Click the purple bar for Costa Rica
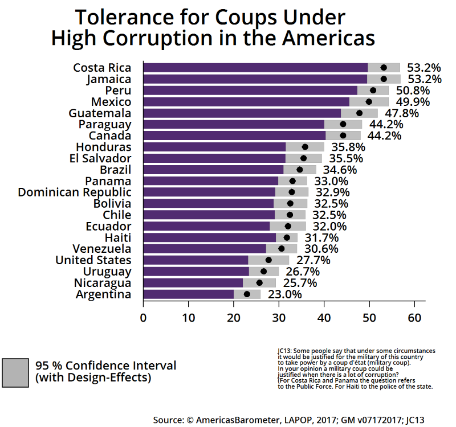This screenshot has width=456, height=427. coord(255,68)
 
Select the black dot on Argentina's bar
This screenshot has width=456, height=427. coord(247,294)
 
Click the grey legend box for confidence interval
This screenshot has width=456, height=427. coord(15,372)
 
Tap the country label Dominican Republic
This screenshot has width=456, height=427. coord(75,192)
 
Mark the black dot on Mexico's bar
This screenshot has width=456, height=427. coord(369,102)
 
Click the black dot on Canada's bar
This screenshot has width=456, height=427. coord(343,136)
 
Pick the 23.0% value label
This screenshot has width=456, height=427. coord(283,294)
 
